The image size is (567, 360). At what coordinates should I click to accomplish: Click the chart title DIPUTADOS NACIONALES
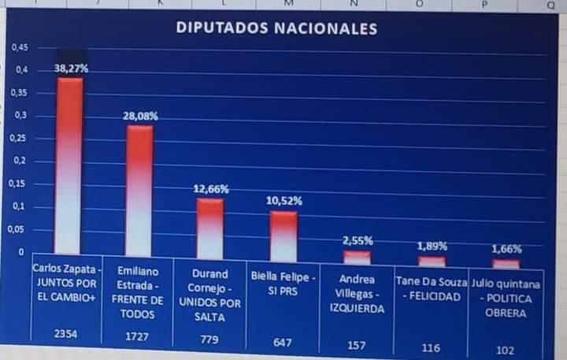pos(276,28)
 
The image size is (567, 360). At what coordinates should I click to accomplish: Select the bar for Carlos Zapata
pos(69,165)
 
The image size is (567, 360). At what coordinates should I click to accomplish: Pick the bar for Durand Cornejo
pos(209,228)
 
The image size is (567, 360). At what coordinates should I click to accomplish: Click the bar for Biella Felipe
pos(283,236)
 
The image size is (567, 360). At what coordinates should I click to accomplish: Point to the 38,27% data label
pos(71,69)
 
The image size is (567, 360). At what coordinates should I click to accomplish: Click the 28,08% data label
pos(140,116)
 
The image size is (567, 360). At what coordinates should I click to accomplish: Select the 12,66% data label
pos(210,189)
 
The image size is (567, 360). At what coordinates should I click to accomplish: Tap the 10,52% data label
pos(283,201)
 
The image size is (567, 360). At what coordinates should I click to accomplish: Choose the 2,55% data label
pos(358,240)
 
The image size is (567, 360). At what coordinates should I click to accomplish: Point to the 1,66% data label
pos(506,249)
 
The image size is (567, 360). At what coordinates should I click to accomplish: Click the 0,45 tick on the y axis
pos(20,47)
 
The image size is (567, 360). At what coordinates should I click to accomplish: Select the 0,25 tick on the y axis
pos(20,139)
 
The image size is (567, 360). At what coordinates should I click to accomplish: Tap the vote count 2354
pos(68,334)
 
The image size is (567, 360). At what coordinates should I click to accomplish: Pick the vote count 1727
pos(138,336)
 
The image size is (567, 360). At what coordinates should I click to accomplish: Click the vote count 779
pos(209,340)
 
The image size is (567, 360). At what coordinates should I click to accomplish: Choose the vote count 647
pos(283,342)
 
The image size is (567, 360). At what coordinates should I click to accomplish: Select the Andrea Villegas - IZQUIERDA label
pos(357,294)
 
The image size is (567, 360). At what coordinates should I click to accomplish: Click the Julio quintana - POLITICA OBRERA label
pos(506,299)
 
